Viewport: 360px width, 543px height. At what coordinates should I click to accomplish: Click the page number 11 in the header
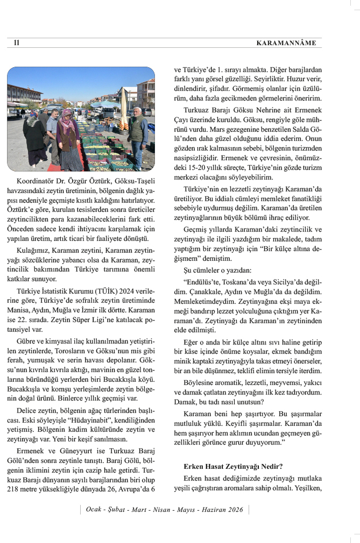tap(17, 42)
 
